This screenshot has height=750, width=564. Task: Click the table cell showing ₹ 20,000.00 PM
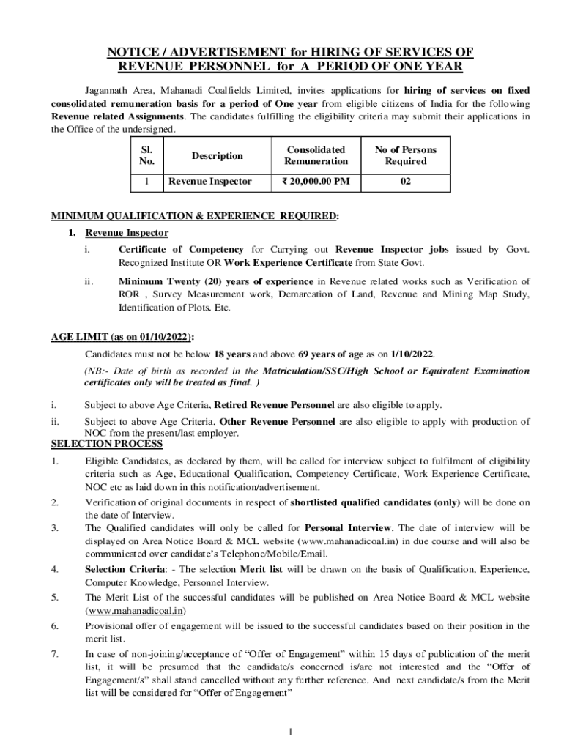coord(316,181)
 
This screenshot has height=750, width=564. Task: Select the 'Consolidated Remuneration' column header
coord(316,155)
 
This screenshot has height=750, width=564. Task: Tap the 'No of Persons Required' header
coord(405,155)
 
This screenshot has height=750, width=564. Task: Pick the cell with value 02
coord(405,181)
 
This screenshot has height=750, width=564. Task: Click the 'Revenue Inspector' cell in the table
coord(210,181)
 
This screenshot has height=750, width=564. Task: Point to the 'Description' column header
coord(217,155)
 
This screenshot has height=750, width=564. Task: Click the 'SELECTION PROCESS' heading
coord(107,444)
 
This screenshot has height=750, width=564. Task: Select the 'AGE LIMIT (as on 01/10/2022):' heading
coord(122,337)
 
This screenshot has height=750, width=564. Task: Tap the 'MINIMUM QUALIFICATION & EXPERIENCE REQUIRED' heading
coord(195,216)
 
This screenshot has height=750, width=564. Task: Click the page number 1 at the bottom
coord(291,732)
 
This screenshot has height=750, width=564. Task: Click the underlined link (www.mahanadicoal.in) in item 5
coord(136,610)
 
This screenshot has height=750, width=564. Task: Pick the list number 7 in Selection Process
coord(55,653)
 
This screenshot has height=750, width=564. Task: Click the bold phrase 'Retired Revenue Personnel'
coord(274,404)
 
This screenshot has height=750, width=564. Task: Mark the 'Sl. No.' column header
coord(147,155)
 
